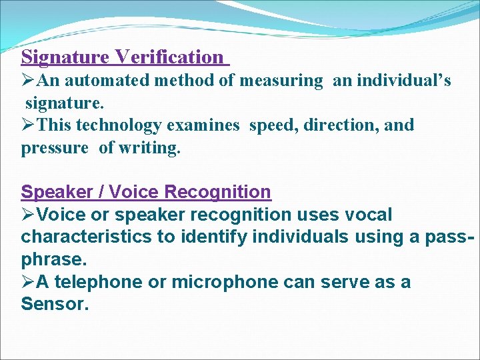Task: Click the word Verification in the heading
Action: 169,57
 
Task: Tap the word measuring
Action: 281,81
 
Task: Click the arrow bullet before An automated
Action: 29,81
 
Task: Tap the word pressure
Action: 55,148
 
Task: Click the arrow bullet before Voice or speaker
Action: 29,215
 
